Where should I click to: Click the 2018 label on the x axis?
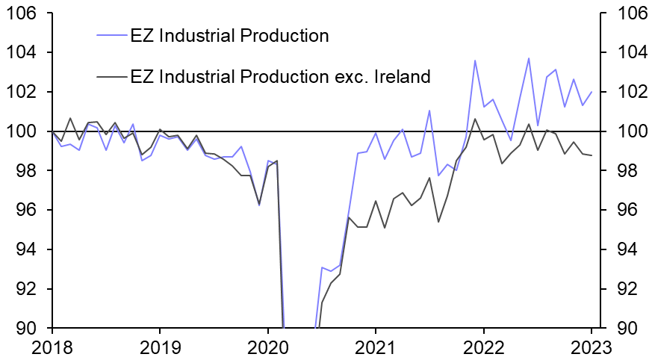point(52,347)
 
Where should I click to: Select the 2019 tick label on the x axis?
point(159,347)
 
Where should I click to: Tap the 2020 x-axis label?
point(267,347)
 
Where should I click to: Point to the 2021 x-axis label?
point(375,347)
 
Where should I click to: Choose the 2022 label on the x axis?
point(483,347)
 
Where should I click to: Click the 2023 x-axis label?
point(591,347)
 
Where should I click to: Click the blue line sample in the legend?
point(111,35)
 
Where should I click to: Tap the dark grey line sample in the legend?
point(111,75)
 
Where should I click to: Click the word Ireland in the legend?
point(403,75)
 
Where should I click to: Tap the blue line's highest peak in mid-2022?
point(529,58)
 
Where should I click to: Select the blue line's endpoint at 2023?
point(592,92)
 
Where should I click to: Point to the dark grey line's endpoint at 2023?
point(592,155)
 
